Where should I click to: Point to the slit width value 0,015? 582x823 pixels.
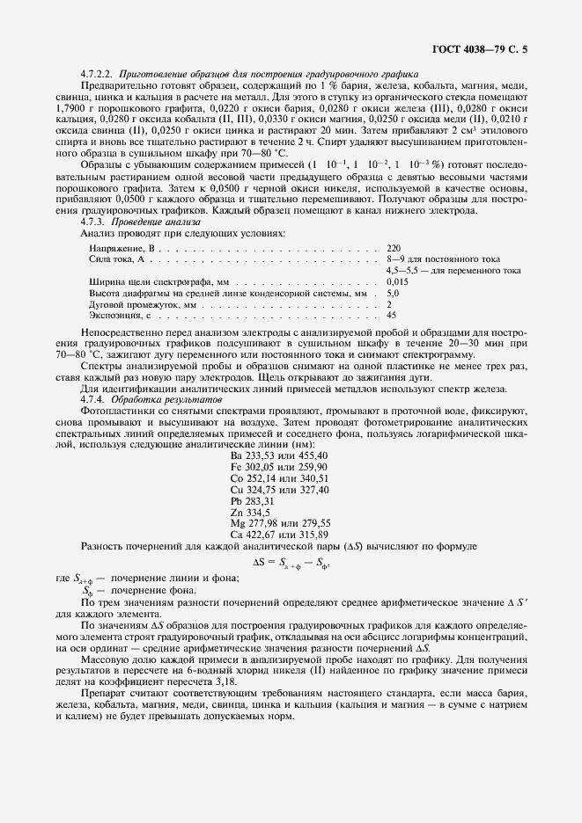click(398, 281)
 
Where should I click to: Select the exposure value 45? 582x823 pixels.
click(391, 314)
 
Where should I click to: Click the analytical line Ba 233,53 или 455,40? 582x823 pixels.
click(278, 455)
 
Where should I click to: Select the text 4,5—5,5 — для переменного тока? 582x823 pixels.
click(453, 271)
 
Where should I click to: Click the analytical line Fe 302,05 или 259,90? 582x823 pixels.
click(278, 466)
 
